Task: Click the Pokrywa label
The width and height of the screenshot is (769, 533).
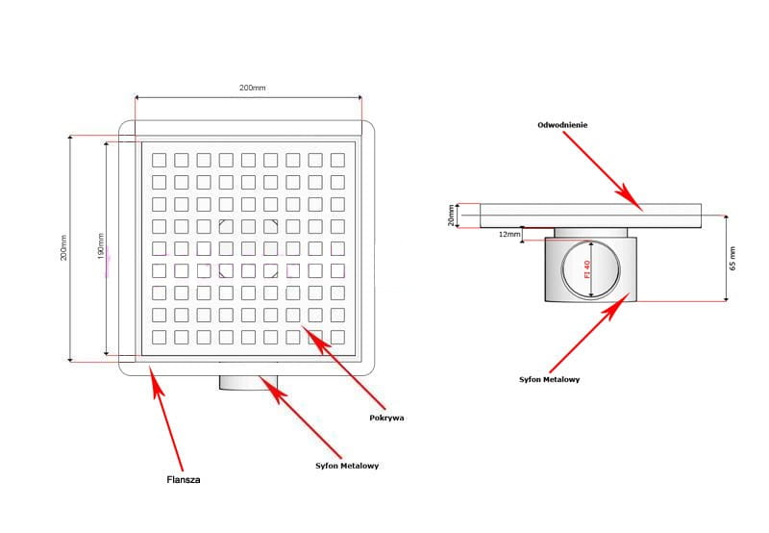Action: click(386, 418)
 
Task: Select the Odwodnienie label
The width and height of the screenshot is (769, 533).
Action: click(562, 125)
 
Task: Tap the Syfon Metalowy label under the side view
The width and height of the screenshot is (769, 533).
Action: click(549, 379)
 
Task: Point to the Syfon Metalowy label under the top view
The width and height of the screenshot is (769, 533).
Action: click(347, 466)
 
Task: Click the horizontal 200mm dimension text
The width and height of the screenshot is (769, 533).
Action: click(252, 88)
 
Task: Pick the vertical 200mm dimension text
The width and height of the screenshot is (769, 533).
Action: click(64, 248)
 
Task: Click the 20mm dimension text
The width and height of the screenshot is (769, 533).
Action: click(452, 215)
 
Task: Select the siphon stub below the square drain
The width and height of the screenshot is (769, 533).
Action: click(249, 382)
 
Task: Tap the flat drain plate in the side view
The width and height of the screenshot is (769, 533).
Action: click(591, 216)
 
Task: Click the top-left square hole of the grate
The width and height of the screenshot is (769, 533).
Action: click(159, 160)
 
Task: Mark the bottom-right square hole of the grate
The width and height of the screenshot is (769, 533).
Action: click(338, 337)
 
